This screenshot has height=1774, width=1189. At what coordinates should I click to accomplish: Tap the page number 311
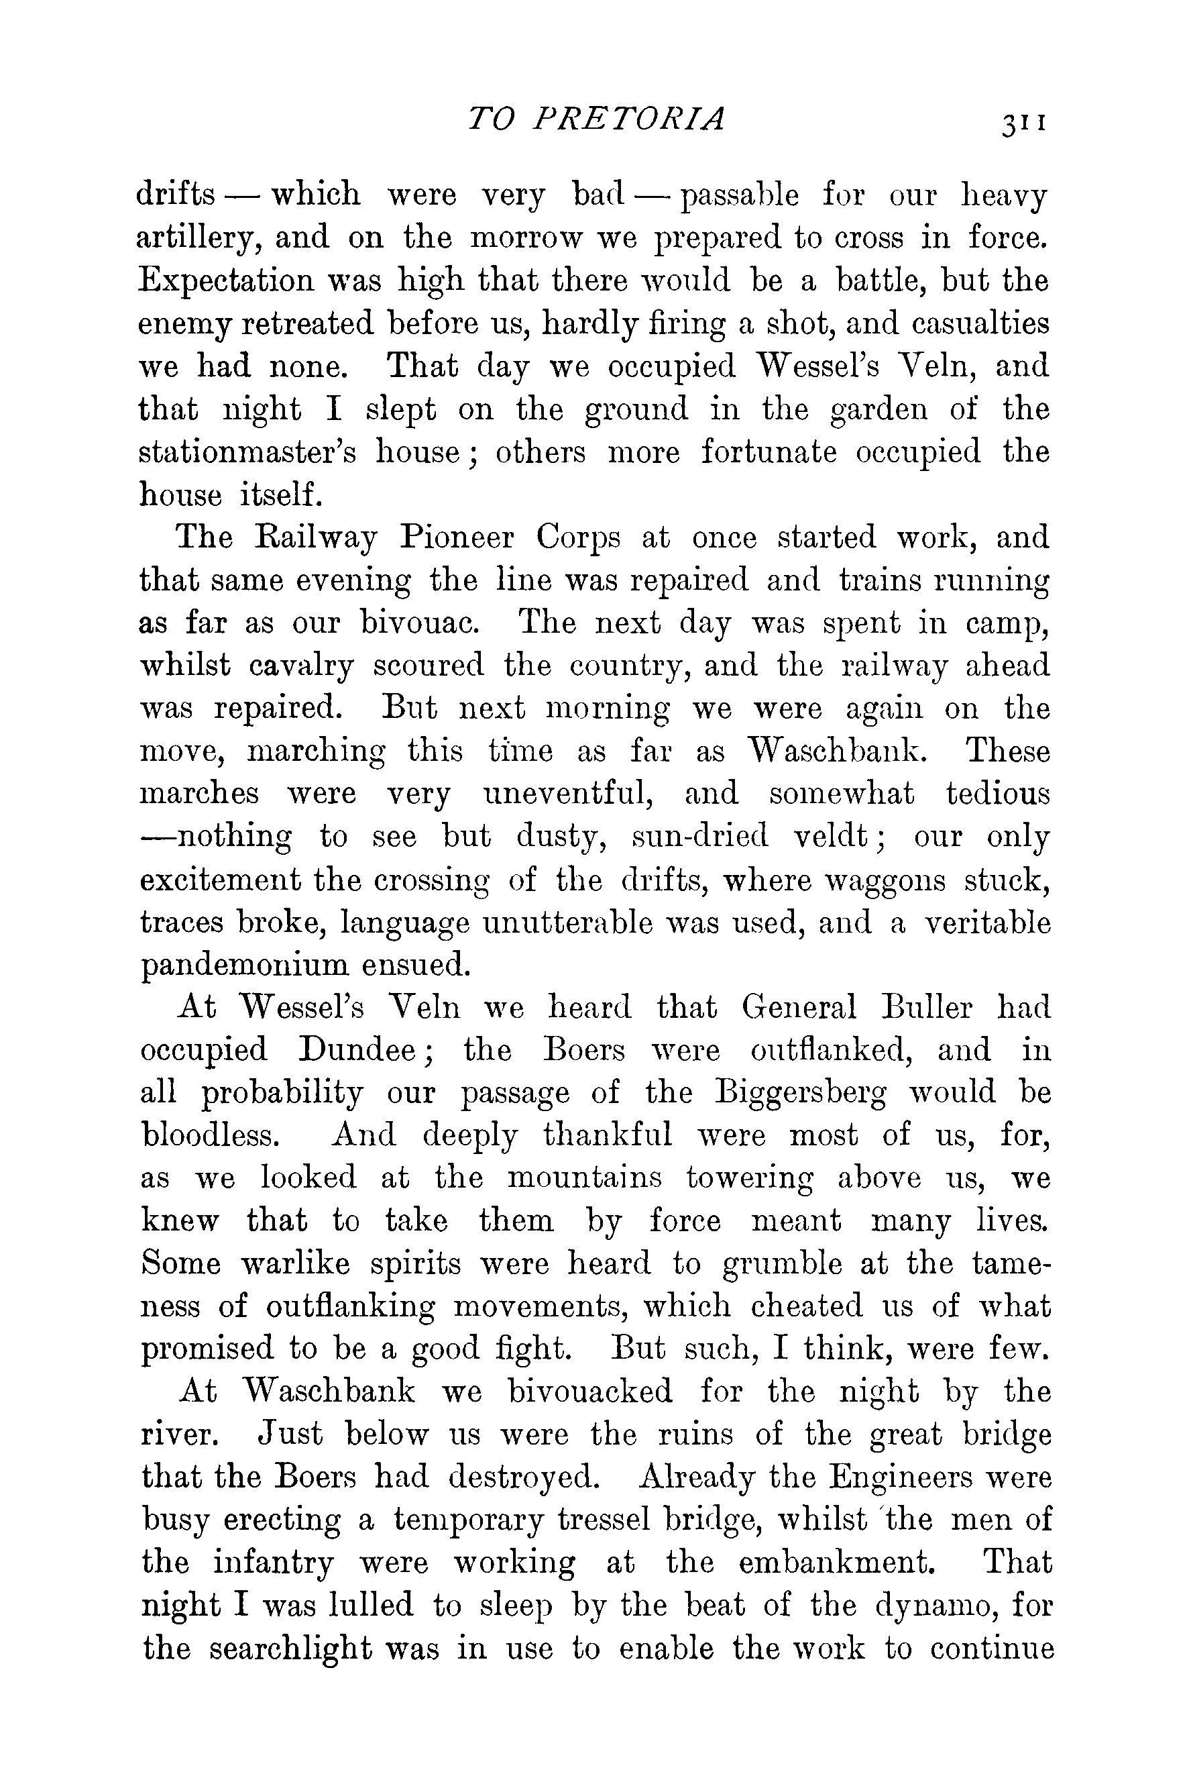[x=1023, y=123]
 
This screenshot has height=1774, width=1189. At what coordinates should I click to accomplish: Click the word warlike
[x=295, y=1265]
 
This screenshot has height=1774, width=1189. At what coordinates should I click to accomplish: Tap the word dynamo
[x=933, y=1606]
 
